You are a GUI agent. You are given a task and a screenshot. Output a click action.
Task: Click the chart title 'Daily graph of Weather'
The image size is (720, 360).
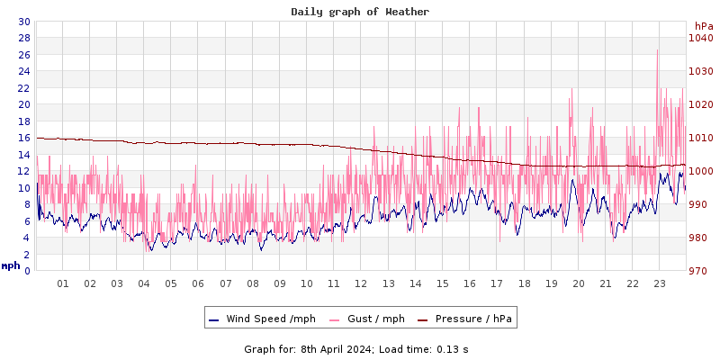point(359,12)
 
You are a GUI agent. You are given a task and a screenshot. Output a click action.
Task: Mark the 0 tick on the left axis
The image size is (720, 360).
point(27,271)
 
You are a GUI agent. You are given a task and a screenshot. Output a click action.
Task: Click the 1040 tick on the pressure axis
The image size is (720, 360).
point(700,38)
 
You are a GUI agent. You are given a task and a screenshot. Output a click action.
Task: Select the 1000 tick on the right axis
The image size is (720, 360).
point(700,171)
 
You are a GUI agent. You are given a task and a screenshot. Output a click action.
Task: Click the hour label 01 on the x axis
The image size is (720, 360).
point(63,283)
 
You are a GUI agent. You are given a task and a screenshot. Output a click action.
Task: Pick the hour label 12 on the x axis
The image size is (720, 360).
point(361,283)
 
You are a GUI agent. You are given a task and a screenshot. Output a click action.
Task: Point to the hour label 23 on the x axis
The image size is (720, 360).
point(659,283)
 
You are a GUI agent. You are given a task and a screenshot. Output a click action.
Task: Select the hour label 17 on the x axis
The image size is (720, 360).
point(497,283)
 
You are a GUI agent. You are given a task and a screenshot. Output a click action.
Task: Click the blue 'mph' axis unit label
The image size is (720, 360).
point(11,265)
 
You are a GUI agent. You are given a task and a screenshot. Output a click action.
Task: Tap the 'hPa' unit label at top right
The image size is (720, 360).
point(703,26)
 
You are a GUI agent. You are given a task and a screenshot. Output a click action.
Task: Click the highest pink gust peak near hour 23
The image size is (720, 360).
point(658,50)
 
